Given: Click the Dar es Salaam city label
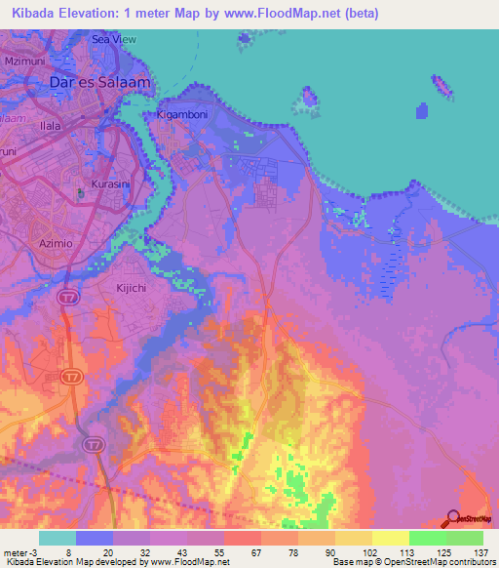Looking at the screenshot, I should coord(100,83).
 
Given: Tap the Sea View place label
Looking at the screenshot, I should coord(113,39).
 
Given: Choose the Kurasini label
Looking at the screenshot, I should coord(110,183).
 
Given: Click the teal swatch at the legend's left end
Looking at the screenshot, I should coord(58,538).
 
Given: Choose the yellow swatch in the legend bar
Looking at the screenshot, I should coord(390,538).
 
